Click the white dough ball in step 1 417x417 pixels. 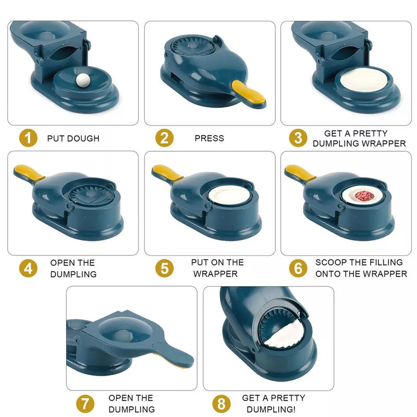83,80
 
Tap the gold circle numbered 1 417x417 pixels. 28,138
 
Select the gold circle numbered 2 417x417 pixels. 164,138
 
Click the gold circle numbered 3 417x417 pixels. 298,138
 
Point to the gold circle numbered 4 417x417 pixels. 28,268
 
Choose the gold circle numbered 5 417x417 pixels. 164,268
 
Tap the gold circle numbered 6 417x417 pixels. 298,268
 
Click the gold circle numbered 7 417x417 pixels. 85,403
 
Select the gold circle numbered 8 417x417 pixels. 221,403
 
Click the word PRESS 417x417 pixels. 210,138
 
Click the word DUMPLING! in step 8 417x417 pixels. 271,409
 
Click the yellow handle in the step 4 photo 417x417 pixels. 29,173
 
